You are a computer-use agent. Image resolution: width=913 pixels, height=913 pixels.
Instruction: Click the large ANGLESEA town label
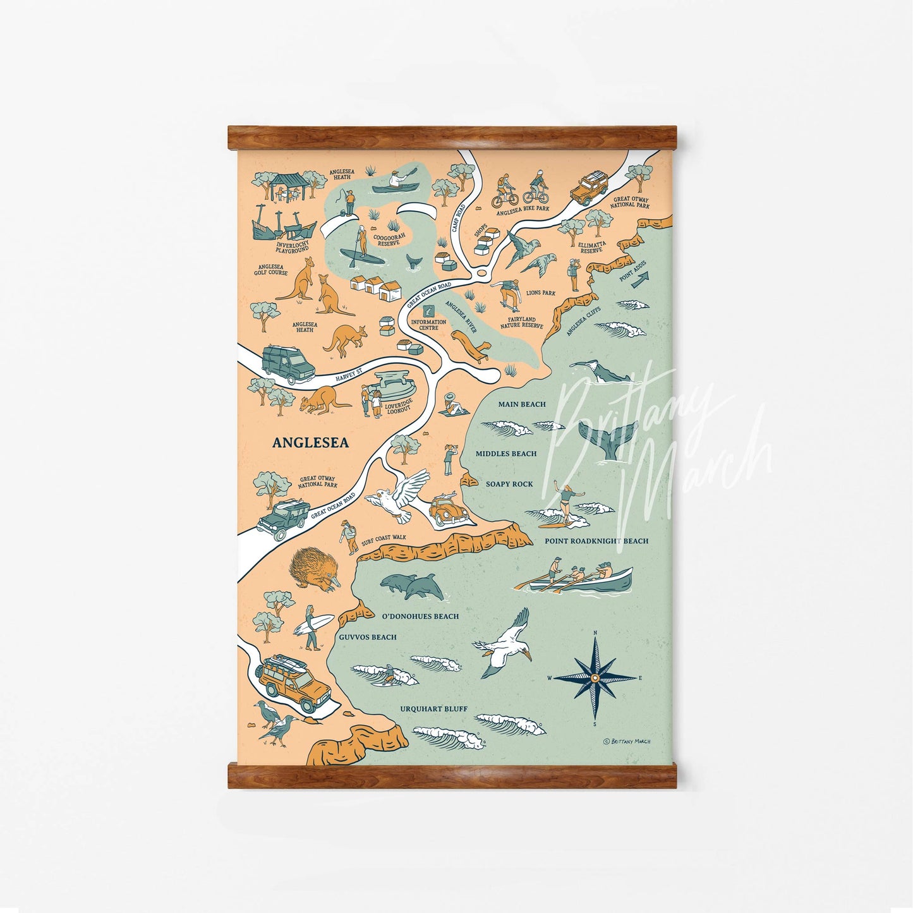pyautogui.click(x=310, y=443)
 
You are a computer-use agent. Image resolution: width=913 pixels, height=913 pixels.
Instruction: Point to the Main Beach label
pyautogui.click(x=521, y=404)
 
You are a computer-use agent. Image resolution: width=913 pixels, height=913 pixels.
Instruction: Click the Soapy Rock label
pyautogui.click(x=509, y=484)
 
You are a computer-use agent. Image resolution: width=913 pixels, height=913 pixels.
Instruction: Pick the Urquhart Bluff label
pyautogui.click(x=433, y=709)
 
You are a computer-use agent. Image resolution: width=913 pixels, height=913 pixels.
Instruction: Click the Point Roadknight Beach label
pyautogui.click(x=596, y=541)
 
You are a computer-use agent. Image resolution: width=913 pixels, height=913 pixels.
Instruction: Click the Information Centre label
pyautogui.click(x=428, y=325)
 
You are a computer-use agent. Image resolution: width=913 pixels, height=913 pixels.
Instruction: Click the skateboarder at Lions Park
pyautogui.click(x=507, y=293)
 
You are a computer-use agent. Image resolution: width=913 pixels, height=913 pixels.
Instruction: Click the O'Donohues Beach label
pyautogui.click(x=420, y=616)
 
